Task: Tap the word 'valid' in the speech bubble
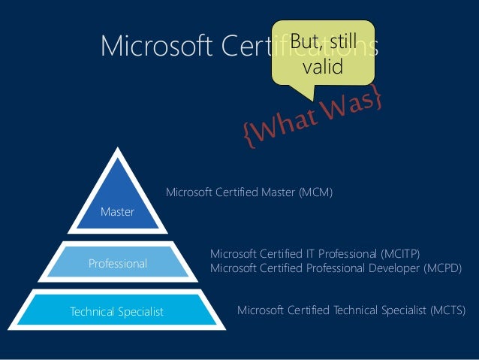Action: tap(322, 67)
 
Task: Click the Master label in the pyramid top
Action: tap(117, 212)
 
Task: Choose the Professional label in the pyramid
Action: tap(118, 264)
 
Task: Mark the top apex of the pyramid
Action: tap(118, 150)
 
